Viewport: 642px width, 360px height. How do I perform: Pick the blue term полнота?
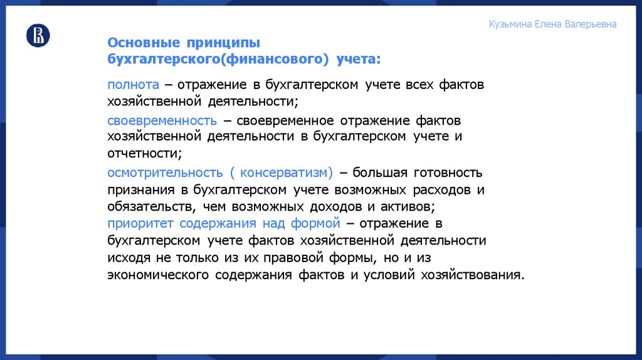tap(133, 84)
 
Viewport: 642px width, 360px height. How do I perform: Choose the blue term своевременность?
tap(162, 120)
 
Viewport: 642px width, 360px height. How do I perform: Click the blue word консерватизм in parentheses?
tap(286, 172)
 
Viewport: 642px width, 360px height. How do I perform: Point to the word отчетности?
tap(145, 152)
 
